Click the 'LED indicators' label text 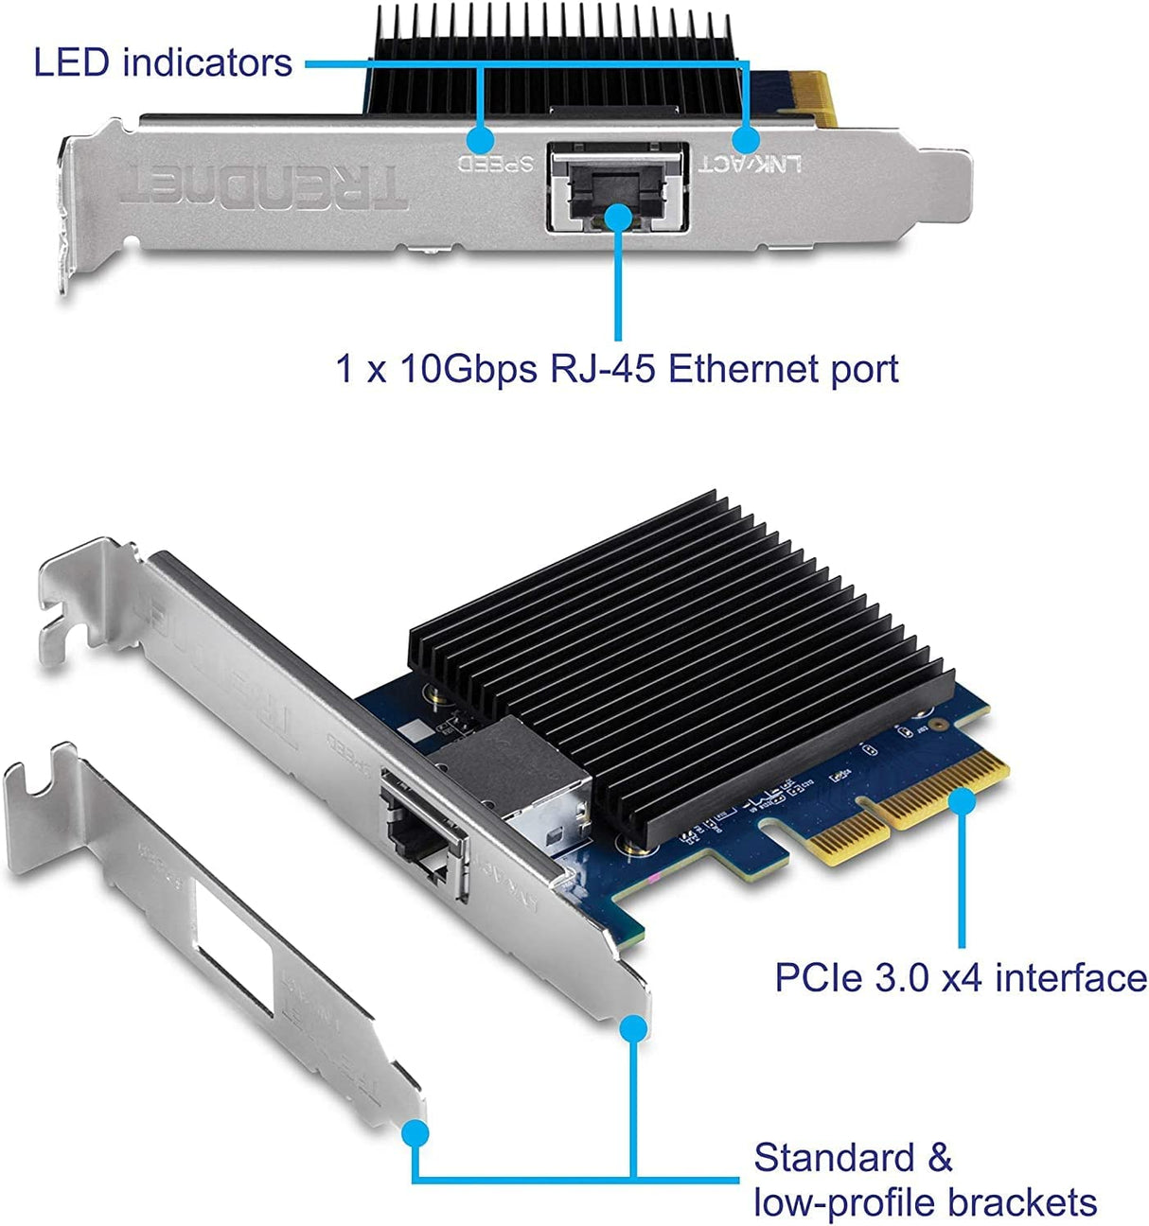click(163, 63)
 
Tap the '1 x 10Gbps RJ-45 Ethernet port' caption click(617, 368)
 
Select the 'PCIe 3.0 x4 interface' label click(960, 977)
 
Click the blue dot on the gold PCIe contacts click(962, 801)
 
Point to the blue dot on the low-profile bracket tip click(415, 1132)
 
